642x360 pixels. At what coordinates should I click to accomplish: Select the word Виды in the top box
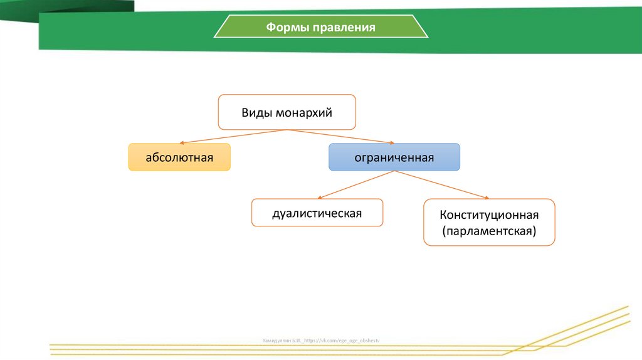pos(256,113)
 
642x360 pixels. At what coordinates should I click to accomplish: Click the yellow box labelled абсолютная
pos(179,157)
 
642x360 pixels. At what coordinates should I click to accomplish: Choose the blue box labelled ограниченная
pos(394,157)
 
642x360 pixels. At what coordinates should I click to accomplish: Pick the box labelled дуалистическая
pos(317,213)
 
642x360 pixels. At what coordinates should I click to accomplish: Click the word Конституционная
pos(489,214)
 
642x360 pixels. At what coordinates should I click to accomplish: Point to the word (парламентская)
pos(489,231)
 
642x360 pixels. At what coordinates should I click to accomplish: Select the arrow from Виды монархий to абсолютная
pos(232,136)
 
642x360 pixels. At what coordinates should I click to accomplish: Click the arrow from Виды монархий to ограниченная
pos(342,137)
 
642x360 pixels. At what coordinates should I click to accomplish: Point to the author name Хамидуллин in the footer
pos(276,340)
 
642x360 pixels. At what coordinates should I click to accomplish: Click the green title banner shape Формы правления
pos(321,28)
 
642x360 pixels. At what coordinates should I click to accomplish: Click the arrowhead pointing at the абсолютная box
pos(182,142)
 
